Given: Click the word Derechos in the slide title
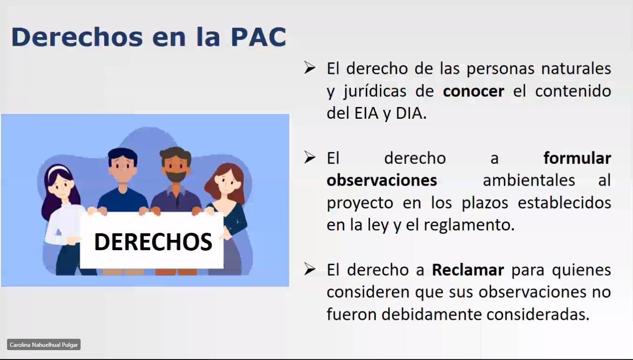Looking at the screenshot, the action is (x=77, y=37).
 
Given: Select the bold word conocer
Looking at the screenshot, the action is (x=473, y=91).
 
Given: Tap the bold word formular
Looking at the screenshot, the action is (x=577, y=158).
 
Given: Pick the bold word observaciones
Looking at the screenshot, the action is (x=382, y=180).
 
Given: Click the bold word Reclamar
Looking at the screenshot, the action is (x=468, y=270).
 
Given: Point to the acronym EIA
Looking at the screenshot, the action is (x=366, y=113).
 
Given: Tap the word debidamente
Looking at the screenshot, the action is (x=432, y=314).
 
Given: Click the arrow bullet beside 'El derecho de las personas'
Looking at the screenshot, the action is (x=310, y=68).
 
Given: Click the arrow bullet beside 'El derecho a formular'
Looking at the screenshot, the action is (x=310, y=157).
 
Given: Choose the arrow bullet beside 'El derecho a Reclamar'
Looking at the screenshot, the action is (x=310, y=269).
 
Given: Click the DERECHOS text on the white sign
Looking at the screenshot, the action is (x=153, y=242).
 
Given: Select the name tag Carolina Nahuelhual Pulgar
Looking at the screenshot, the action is (x=44, y=345).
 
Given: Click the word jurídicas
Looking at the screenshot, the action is (x=375, y=91).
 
